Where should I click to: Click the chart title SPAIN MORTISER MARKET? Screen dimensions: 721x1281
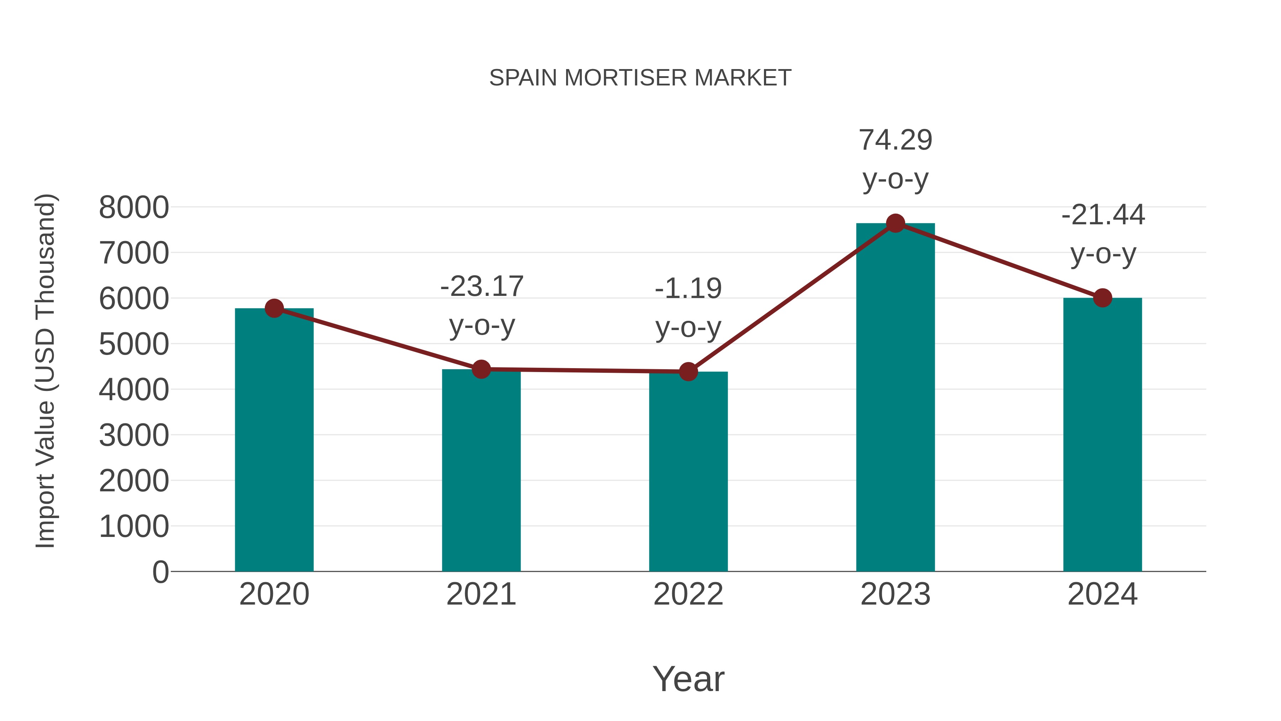(640, 78)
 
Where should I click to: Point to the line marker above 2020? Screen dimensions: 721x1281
(274, 308)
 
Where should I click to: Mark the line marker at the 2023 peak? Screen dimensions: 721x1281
(895, 223)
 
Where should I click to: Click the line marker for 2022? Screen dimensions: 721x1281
(688, 371)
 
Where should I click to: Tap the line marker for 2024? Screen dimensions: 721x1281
(1102, 298)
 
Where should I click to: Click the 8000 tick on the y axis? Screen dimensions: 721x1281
(134, 208)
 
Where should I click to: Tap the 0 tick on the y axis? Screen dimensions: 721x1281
(160, 572)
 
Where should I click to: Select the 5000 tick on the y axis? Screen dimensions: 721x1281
(134, 344)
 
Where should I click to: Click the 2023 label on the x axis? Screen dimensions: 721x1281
(895, 594)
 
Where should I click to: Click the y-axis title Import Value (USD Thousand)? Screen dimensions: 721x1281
(45, 371)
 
